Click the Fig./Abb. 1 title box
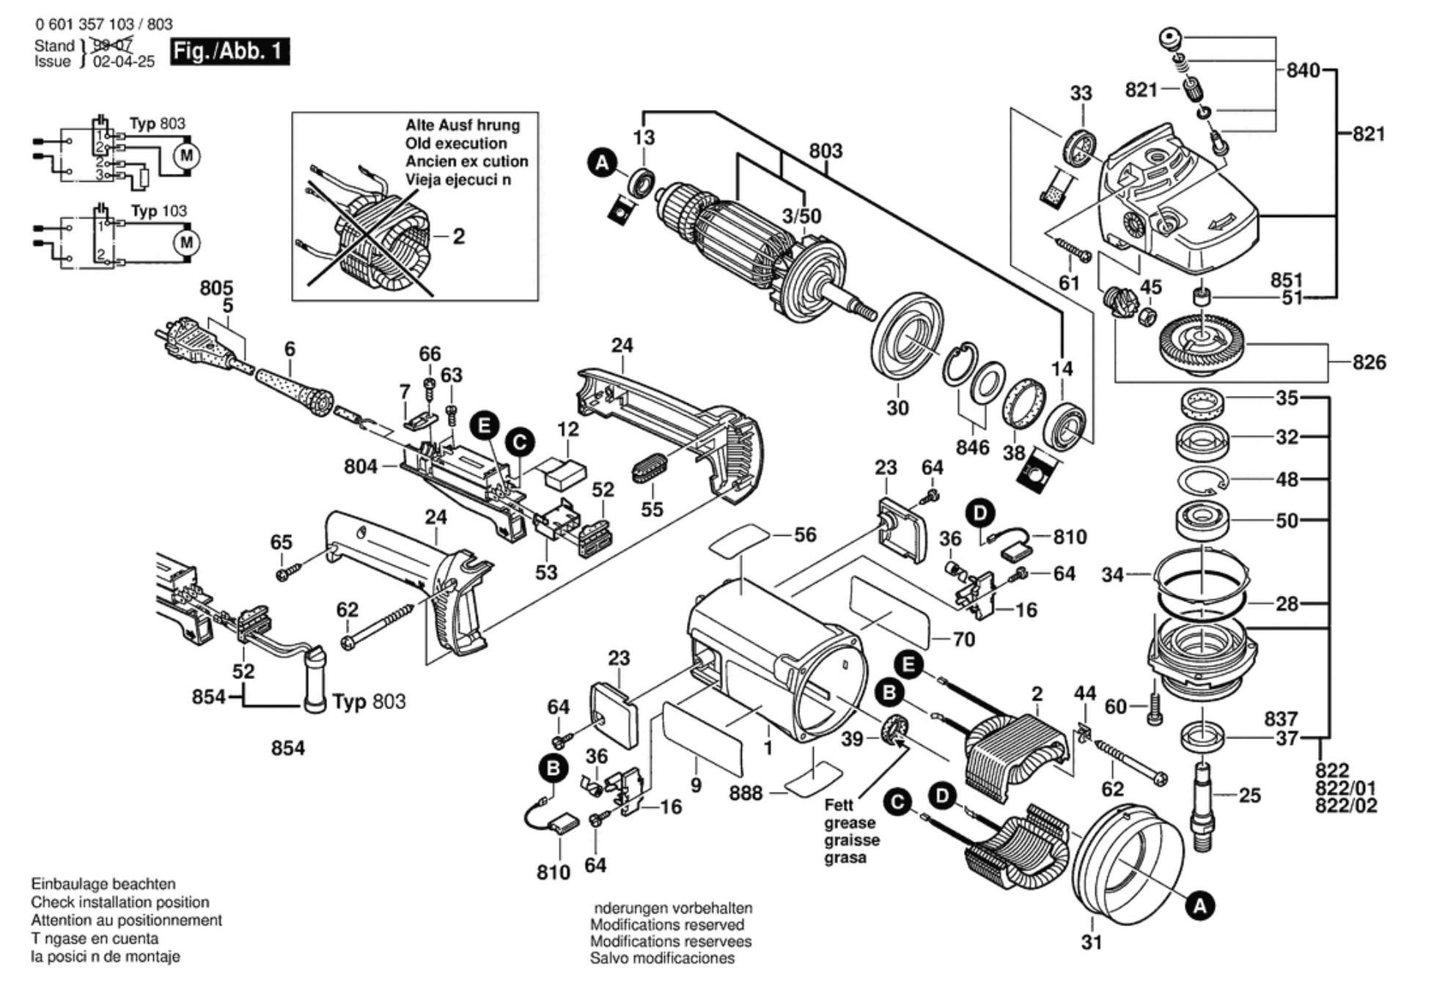click(229, 51)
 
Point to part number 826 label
click(1369, 362)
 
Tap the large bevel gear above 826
click(1202, 343)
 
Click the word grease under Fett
click(849, 823)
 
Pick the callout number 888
click(746, 793)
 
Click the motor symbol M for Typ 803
click(187, 155)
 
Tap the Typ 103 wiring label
click(159, 211)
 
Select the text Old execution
click(456, 144)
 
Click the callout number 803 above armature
click(826, 151)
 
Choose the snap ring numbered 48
click(1202, 482)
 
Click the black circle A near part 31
click(1199, 906)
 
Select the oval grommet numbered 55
click(649, 469)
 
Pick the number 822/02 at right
click(1346, 806)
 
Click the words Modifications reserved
click(666, 925)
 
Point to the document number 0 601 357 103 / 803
click(103, 24)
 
